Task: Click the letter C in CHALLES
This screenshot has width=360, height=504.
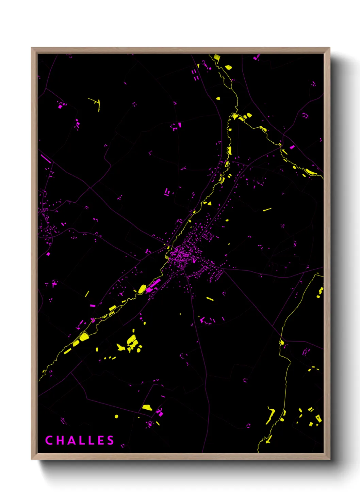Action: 49,440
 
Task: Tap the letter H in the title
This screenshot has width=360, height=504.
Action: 59,440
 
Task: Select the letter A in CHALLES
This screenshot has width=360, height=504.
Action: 70,440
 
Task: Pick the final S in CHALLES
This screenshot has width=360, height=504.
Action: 111,440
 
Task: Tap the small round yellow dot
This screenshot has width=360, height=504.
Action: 116,416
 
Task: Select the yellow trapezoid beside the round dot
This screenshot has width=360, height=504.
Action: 147,407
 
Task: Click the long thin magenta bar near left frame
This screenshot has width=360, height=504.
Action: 46,159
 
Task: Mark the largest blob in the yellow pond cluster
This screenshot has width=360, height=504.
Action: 132,340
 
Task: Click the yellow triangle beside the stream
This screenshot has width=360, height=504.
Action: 209,203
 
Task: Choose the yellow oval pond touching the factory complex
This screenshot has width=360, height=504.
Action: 142,289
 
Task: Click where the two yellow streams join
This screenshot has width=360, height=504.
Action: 235,114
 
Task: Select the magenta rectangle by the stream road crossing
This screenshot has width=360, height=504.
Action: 292,147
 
